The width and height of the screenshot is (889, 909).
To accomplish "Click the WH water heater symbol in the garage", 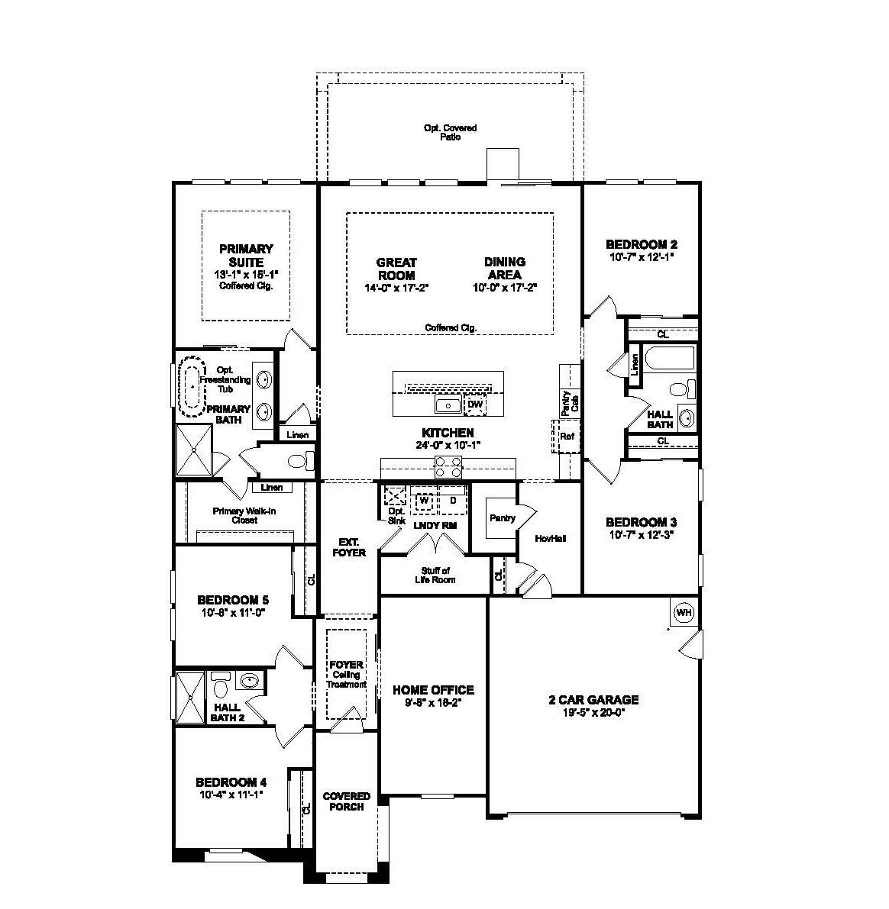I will [684, 612].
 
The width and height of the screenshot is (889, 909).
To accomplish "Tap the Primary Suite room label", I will [246, 255].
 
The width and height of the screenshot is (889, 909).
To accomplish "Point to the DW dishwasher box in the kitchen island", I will [475, 405].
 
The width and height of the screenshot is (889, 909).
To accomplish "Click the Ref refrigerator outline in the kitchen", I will [567, 437].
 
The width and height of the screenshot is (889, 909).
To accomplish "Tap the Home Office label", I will [433, 689].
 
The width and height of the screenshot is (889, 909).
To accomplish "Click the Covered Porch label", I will [347, 801].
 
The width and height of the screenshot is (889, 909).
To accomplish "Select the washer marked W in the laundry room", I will [423, 501].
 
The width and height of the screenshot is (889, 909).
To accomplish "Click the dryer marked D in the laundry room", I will [452, 501].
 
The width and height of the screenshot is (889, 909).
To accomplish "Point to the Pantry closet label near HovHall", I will [502, 518].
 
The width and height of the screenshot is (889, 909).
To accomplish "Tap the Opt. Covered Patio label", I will [451, 132].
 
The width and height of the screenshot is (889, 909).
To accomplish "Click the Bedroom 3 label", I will [641, 522].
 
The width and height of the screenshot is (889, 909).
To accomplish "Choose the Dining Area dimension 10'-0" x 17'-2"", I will [504, 288].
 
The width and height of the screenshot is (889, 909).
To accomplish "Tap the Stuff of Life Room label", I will [435, 575].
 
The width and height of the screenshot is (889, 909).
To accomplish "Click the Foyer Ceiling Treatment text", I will [347, 674].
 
